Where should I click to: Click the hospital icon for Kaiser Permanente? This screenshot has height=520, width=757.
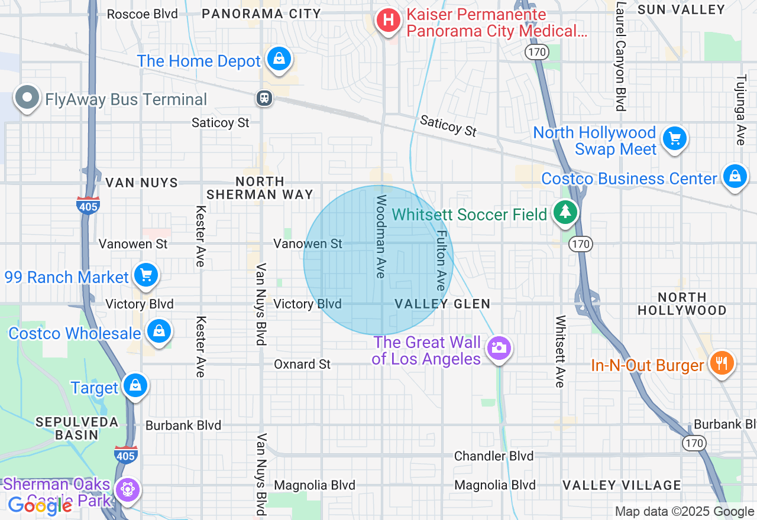coord(388,21)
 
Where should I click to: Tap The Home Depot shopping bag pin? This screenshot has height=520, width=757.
coord(279,58)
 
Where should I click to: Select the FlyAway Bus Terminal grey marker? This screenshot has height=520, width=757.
coord(27,98)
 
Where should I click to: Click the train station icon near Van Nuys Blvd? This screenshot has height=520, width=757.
coord(264,97)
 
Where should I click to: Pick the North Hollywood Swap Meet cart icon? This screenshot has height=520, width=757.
coord(674,139)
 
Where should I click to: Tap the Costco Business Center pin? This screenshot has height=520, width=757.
coord(735,177)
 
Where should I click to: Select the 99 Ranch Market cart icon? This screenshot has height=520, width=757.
coord(145,275)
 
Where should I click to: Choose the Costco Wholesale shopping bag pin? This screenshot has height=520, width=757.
coord(158,331)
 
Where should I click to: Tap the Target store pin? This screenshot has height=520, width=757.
coord(135,386)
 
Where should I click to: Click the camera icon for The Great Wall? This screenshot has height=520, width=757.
coord(499,348)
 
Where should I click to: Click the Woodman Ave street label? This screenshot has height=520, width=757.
coord(381,236)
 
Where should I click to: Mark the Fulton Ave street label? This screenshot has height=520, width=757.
coord(441,260)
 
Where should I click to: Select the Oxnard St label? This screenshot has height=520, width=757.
coord(302,364)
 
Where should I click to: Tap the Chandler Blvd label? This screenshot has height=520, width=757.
coord(494,456)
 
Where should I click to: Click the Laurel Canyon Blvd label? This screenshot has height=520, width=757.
coord(620,56)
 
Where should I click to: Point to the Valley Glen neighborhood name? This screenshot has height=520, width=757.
coord(442,304)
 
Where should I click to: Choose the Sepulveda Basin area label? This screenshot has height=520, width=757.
coord(67,428)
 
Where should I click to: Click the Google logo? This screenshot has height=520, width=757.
coord(40,505)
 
